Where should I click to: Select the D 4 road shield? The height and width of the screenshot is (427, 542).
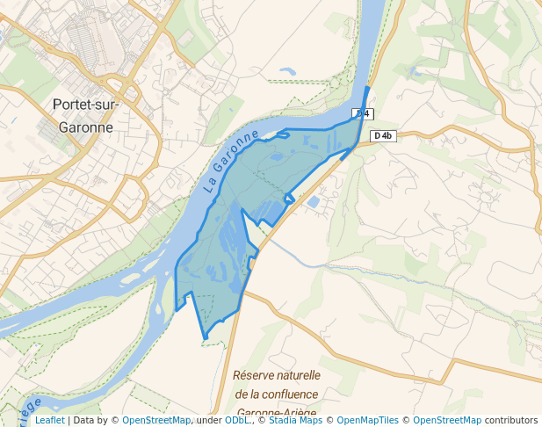point(362,114)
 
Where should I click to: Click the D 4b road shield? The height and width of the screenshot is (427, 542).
point(383,135)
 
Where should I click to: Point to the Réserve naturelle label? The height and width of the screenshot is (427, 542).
point(276,375)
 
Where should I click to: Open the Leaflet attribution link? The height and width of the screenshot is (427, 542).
point(49,421)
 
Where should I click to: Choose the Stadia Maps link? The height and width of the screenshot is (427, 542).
point(295,421)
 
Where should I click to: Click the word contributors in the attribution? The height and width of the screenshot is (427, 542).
point(511,421)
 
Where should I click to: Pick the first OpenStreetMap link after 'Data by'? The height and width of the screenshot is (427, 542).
point(156,421)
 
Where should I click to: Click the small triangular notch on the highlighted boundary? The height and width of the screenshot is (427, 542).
point(289,199)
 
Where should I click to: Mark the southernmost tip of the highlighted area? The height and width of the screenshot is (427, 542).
point(205,338)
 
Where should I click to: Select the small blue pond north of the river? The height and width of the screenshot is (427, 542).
point(287,70)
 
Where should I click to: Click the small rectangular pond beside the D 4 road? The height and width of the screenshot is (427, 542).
point(313,203)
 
